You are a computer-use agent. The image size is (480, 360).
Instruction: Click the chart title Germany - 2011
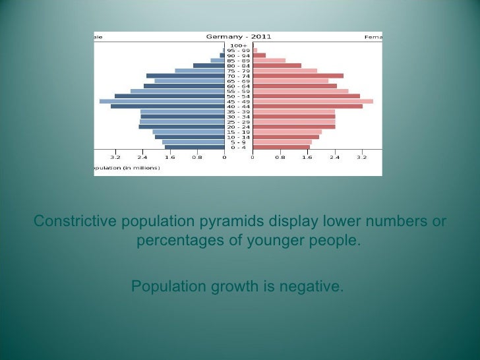pos(238,37)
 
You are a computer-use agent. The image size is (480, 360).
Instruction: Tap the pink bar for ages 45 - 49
pos(313,101)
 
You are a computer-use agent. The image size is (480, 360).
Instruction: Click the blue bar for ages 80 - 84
pos(208,65)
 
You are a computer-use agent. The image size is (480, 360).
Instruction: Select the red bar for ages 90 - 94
pos(259,55)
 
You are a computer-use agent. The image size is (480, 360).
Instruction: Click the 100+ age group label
pos(238,45)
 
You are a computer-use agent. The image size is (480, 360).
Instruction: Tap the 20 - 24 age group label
pos(238,127)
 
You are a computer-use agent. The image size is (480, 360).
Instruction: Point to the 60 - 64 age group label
pos(238,86)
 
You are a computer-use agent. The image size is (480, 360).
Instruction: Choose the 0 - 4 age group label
pos(238,147)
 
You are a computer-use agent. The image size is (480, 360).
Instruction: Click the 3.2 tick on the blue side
pos(115,158)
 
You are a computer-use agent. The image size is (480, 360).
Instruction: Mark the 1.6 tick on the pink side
pos(307,158)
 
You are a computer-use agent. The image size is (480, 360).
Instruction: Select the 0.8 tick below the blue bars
pos(197,158)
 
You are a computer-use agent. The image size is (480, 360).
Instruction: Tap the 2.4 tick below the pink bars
pos(334,158)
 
